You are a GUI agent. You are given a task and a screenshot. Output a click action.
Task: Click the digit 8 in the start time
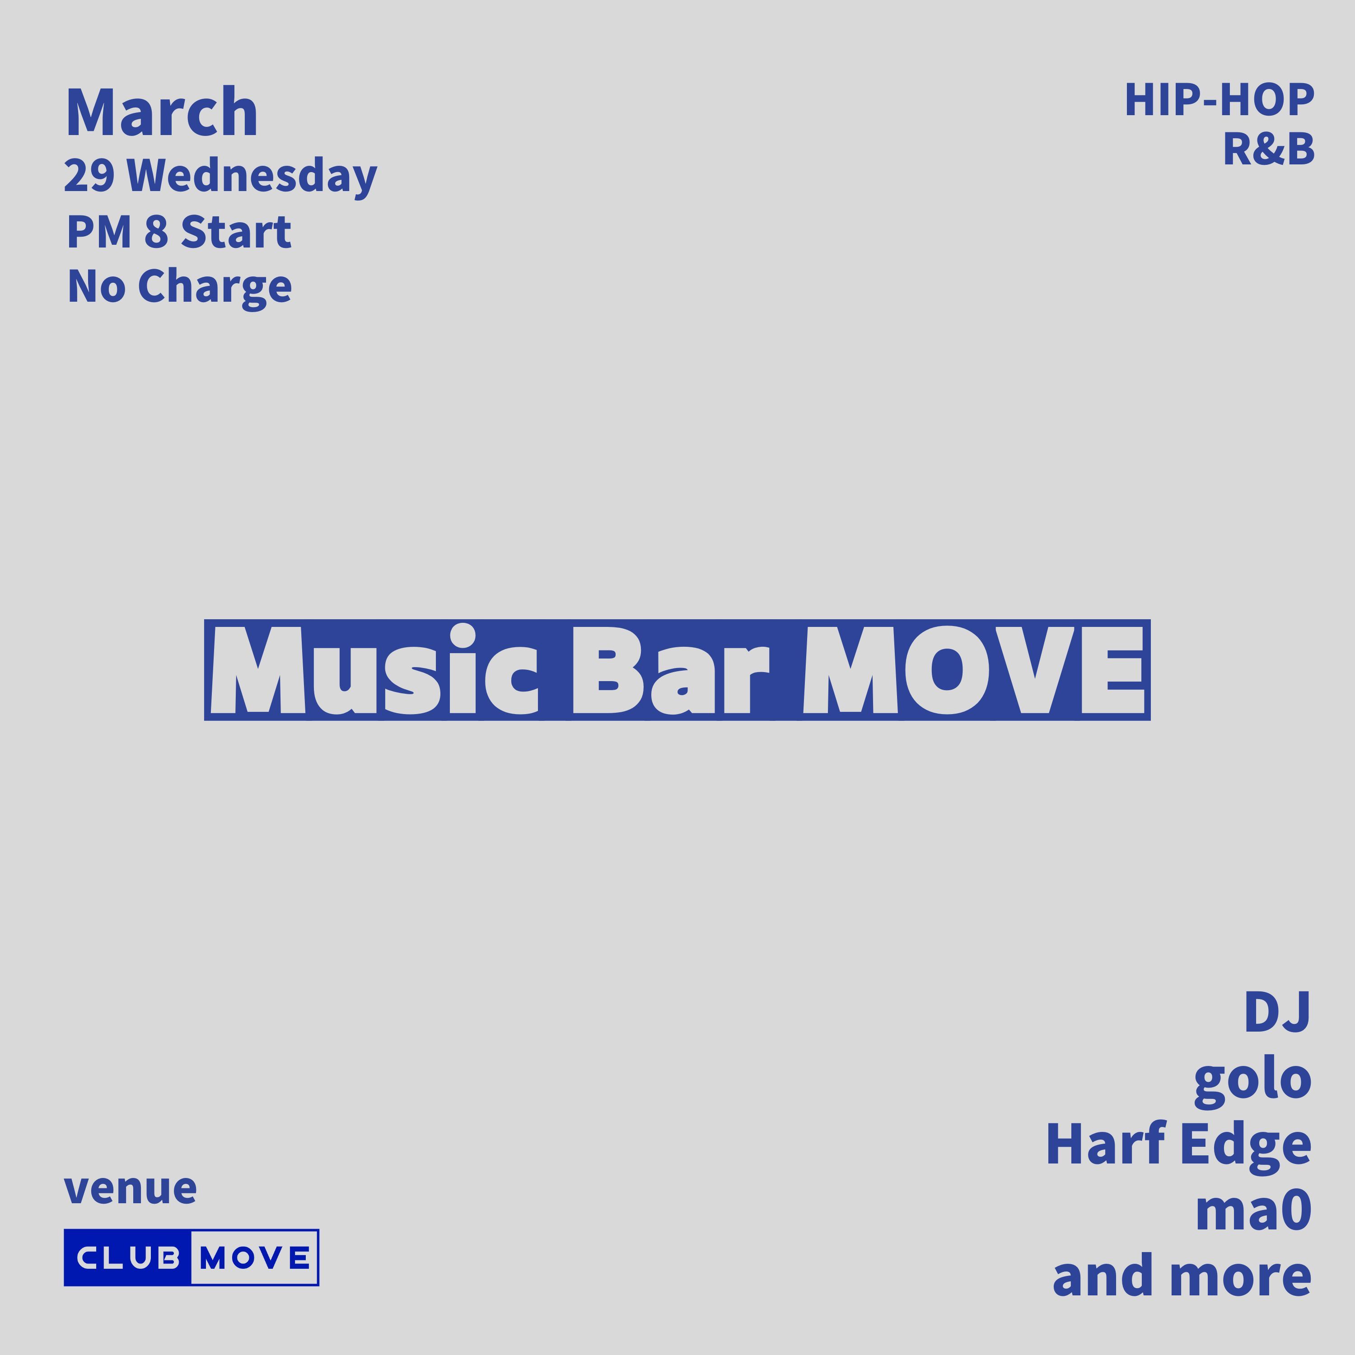coord(156,232)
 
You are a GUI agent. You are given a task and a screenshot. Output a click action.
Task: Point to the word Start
coord(236,232)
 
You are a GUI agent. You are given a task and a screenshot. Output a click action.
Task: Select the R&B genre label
coord(1268,150)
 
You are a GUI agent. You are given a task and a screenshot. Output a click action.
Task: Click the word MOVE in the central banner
coord(972,670)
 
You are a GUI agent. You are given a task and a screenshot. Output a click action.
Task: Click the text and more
coord(1182,1276)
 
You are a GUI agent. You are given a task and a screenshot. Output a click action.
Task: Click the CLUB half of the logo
coord(128,1257)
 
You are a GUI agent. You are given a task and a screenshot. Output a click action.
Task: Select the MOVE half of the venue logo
coord(255,1257)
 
